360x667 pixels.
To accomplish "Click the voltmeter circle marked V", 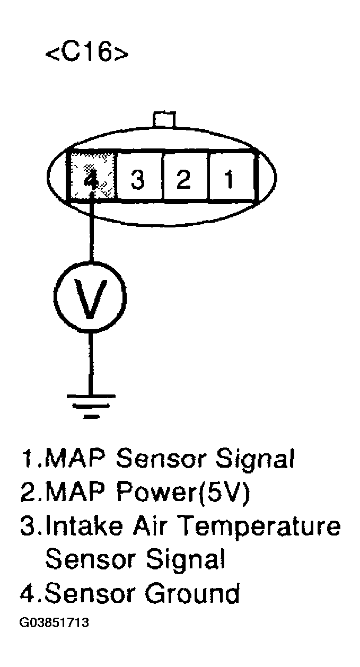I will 91,297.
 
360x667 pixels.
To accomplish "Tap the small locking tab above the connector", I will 163,119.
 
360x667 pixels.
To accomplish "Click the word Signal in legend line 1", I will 259,459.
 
